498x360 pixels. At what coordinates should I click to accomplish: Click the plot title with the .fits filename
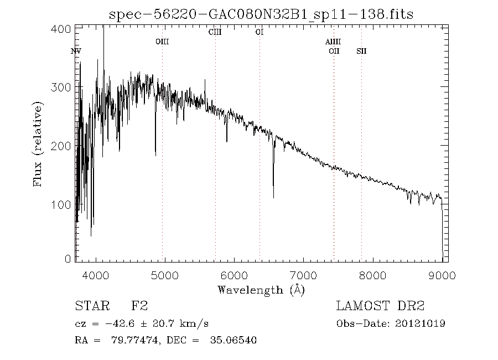coord(262,13)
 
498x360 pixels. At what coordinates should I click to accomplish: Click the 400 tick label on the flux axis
coord(64,28)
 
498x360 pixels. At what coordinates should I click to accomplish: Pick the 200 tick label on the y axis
coord(64,146)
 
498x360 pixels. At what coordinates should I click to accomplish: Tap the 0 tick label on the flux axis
coord(69,259)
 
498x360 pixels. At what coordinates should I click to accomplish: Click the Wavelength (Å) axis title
coord(261,289)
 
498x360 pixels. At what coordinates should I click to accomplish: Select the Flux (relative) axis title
coord(38,143)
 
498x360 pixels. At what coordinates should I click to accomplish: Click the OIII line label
coord(162,42)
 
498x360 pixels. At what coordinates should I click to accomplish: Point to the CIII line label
coord(215,32)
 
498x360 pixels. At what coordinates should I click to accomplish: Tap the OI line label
coord(259,32)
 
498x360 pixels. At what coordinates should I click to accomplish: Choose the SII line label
coord(361,51)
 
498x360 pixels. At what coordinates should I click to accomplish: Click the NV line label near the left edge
coord(76,51)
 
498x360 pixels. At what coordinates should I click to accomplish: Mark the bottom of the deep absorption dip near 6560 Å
coord(273,197)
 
